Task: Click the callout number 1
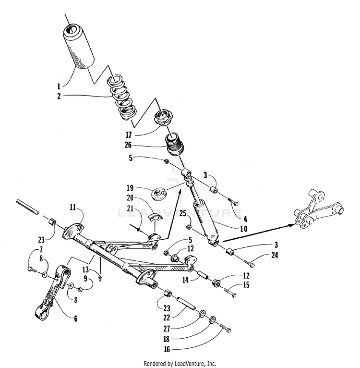[x=59, y=86]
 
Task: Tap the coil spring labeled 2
[x=122, y=98]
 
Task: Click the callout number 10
[x=243, y=229]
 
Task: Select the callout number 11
[x=72, y=207]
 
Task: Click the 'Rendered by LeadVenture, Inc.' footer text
[x=180, y=363]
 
